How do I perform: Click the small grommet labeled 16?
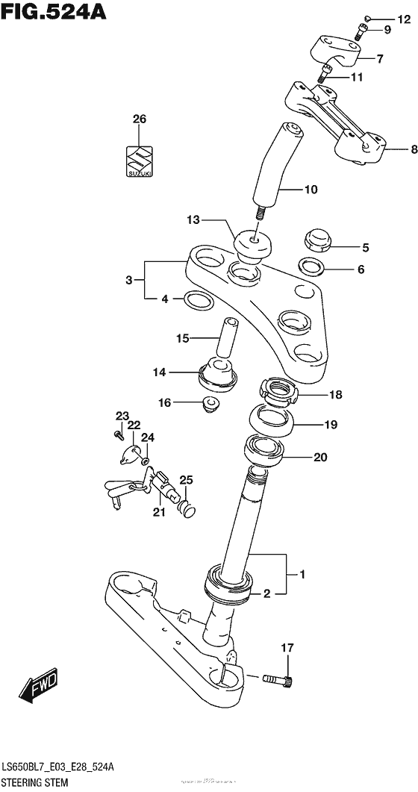tap(208, 405)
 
